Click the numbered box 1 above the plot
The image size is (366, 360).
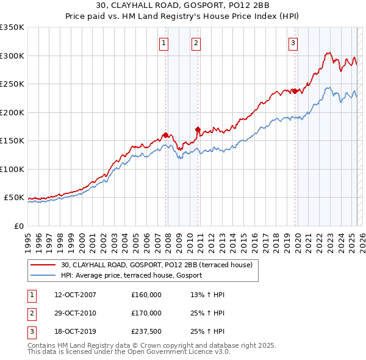tap(165, 43)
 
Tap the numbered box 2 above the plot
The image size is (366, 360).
tap(196, 43)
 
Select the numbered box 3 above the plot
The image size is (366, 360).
tap(293, 43)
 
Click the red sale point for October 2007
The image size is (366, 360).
tap(165, 135)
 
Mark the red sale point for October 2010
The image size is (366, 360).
tap(198, 129)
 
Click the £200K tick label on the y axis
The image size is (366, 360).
tap(12, 112)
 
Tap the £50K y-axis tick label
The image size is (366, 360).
tap(14, 198)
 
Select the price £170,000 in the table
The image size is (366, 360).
tap(146, 313)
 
